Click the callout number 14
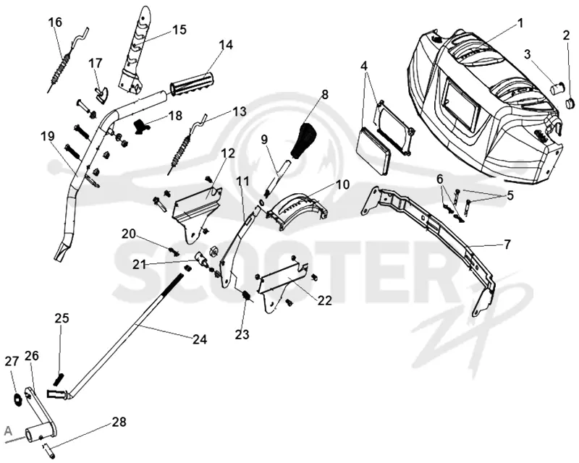click(x=226, y=45)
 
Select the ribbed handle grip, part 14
click(x=192, y=85)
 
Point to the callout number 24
click(x=199, y=339)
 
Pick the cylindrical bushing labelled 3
click(x=557, y=88)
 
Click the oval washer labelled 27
click(x=17, y=399)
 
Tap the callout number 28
click(x=118, y=422)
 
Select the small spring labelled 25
click(x=59, y=379)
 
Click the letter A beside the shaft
click(x=8, y=430)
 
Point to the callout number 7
click(x=507, y=244)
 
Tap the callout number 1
click(x=520, y=24)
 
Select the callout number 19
click(x=48, y=136)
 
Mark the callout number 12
click(x=228, y=153)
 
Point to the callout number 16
click(x=55, y=22)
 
